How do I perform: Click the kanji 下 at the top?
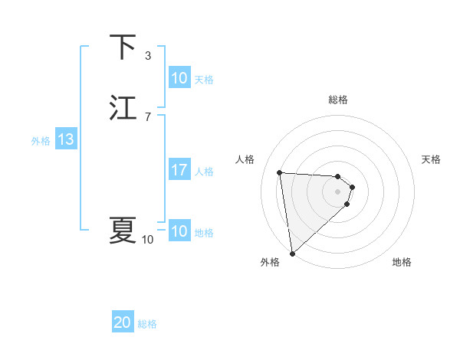(123, 47)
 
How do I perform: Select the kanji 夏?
(123, 230)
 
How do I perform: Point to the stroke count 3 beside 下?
(148, 55)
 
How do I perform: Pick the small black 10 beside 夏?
(147, 240)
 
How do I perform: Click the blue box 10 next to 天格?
(179, 78)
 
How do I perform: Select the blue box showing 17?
(179, 171)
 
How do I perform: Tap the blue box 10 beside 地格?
(179, 231)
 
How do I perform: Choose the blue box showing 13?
(66, 140)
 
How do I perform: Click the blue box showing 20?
(123, 323)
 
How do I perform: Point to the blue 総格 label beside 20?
(147, 324)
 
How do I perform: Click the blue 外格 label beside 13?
(41, 141)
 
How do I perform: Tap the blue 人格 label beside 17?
(205, 172)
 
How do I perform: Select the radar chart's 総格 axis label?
(338, 100)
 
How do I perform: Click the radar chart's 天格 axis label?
(431, 159)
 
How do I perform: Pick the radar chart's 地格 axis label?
(402, 263)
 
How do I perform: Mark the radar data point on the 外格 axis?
(292, 253)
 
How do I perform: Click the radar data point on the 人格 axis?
(280, 172)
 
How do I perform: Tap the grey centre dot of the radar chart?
(338, 191)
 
